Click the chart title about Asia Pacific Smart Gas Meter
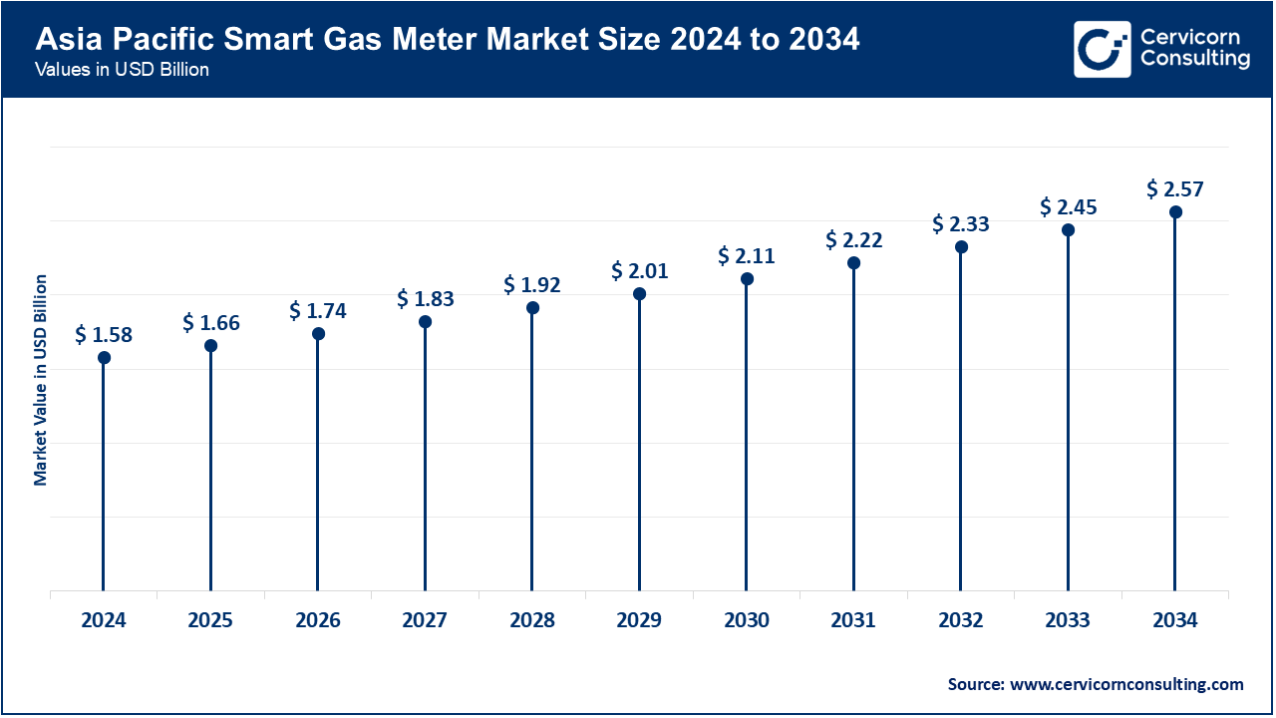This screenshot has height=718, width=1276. pos(448,41)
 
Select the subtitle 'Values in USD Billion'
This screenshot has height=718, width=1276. pos(122,71)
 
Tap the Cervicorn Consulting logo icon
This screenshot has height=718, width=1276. pos(1102,49)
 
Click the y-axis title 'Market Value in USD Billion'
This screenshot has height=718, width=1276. pos(41,379)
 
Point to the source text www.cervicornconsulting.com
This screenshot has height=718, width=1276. pos(1096,684)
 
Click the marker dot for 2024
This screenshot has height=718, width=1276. pos(104,357)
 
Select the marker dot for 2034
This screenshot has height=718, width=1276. pos(1175,211)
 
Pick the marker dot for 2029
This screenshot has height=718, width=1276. pos(639,294)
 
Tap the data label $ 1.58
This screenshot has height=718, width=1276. pos(104,334)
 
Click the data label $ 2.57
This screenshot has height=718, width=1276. pos(1175,188)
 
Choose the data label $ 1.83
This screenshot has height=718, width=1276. pos(426,298)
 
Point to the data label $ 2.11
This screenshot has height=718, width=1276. pos(747,255)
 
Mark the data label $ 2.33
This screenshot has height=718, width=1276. pos(961,223)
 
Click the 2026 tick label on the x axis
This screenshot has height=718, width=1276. pos(318,620)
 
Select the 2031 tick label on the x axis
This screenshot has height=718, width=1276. pos(853,620)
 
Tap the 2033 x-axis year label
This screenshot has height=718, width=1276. pos(1068,620)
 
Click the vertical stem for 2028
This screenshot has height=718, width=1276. pos(532,449)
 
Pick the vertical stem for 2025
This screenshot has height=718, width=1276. pos(210,469)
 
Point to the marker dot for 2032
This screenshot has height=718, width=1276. pos(961,246)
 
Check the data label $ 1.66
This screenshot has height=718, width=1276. pos(210,322)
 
